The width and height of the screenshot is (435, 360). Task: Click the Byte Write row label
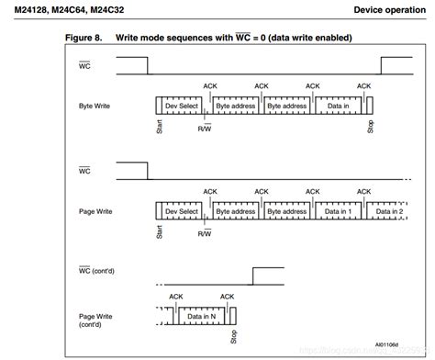coord(94,107)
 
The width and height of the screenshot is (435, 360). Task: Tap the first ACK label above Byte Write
coord(210,87)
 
